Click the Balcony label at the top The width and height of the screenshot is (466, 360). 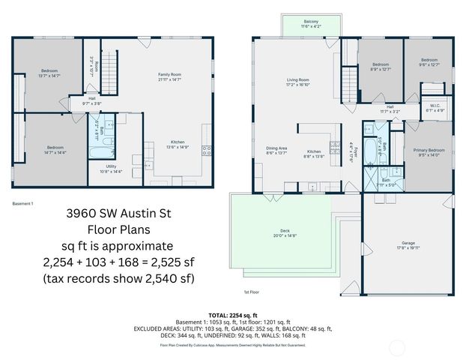pyautogui.click(x=311, y=22)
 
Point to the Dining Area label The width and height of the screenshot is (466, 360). pyautogui.click(x=276, y=149)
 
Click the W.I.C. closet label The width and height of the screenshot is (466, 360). pyautogui.click(x=435, y=106)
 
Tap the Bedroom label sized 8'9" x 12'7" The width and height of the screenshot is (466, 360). pyautogui.click(x=381, y=65)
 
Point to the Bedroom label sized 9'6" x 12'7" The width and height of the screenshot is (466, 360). pyautogui.click(x=429, y=61)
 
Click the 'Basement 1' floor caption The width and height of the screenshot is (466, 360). pyautogui.click(x=24, y=203)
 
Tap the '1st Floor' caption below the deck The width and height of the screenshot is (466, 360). pyautogui.click(x=252, y=292)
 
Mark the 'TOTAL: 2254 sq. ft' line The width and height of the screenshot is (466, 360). pyautogui.click(x=233, y=315)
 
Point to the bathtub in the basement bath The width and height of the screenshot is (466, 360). pyautogui.click(x=97, y=154)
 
